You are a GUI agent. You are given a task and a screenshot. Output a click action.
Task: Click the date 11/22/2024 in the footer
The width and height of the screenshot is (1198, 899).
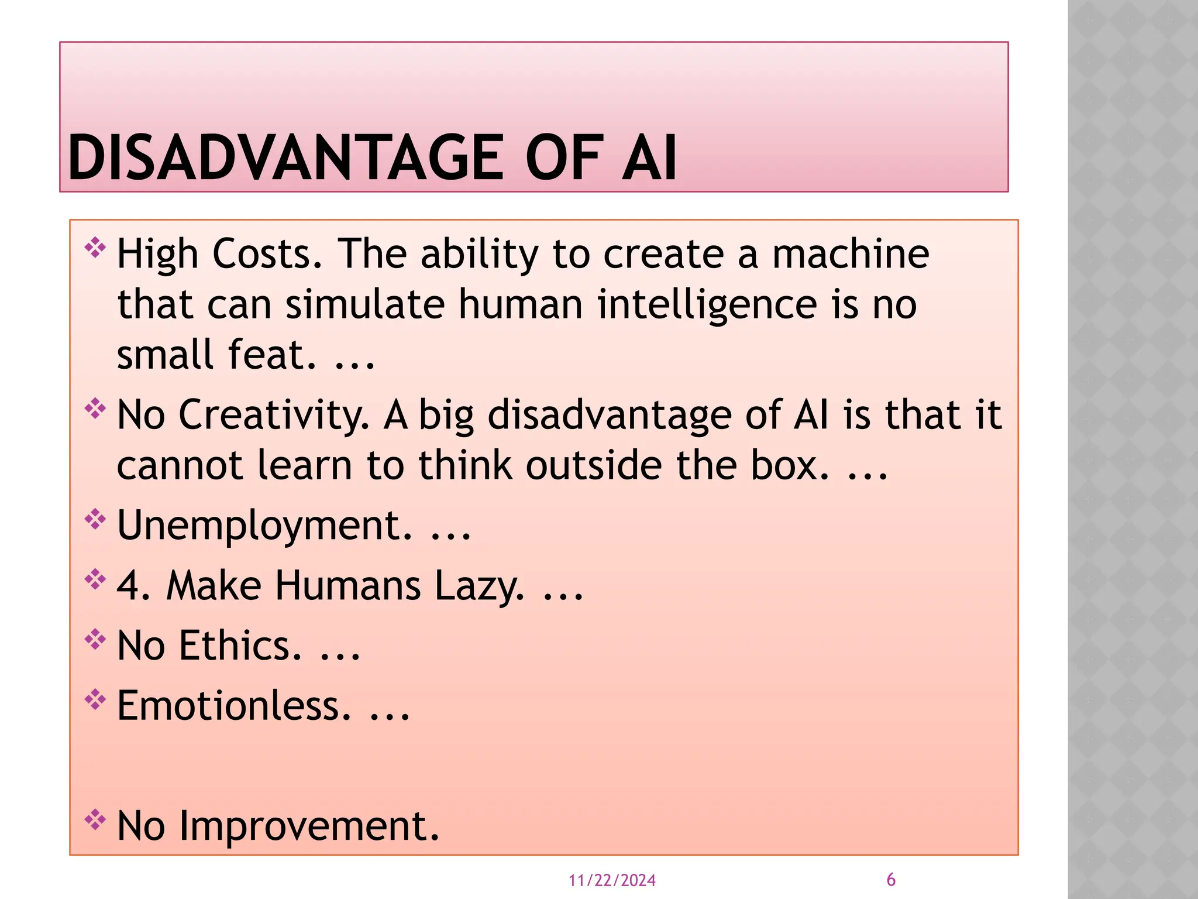612,880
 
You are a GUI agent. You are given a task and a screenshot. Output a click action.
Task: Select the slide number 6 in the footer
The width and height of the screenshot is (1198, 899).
891,879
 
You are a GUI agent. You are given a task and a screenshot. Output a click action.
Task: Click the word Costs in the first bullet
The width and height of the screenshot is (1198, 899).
266,254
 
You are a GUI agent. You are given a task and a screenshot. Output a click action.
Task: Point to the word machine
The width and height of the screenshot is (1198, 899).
850,254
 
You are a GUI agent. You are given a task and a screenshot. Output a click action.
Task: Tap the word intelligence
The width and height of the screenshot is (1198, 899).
707,305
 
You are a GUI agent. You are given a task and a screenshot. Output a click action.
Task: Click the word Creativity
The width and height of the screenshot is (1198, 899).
273,415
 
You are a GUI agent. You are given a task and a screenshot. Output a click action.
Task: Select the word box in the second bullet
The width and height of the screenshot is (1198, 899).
789,466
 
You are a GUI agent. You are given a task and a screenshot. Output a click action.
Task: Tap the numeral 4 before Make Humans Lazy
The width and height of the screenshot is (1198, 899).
128,586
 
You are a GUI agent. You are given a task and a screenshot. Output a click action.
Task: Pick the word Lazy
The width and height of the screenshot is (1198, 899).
479,586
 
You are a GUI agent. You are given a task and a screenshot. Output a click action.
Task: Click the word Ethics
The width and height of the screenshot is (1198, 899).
240,646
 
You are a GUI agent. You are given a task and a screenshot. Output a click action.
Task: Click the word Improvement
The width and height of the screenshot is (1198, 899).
308,826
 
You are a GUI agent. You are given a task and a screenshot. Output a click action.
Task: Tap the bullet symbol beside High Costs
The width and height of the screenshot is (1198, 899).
95,248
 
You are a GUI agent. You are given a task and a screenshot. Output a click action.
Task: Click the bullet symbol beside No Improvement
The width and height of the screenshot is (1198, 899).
95,820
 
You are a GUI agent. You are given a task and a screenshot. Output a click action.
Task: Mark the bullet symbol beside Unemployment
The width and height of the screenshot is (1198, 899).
95,519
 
